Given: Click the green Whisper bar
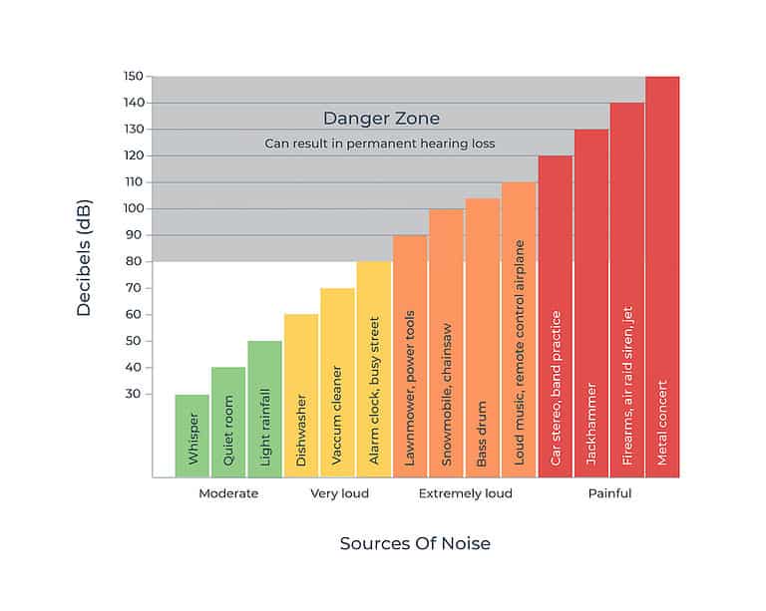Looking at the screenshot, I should [x=192, y=436].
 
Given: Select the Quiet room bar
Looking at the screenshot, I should [x=228, y=422].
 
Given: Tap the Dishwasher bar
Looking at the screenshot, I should [x=301, y=395].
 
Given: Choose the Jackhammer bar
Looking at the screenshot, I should [x=590, y=303].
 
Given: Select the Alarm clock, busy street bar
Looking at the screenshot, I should [x=374, y=369].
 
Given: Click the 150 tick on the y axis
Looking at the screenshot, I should [x=132, y=77].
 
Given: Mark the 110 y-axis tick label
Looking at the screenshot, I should [x=132, y=182].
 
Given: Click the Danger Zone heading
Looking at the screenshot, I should [x=381, y=119].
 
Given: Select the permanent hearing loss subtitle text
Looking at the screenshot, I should [x=380, y=144].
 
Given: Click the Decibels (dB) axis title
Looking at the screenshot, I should [x=84, y=258].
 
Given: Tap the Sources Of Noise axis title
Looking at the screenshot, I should [x=415, y=544].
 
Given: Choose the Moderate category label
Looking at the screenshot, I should [x=228, y=493].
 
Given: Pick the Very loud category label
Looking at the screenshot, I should [x=339, y=493].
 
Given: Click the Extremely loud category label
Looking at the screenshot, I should [x=465, y=493].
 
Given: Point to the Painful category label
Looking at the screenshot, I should [x=609, y=493].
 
